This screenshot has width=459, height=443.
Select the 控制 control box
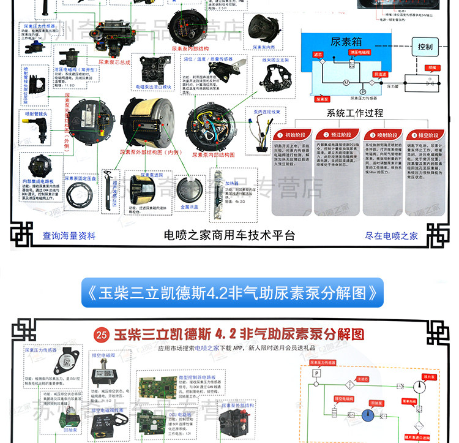425,47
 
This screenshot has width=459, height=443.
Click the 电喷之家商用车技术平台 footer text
229,235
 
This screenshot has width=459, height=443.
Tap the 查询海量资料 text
69,235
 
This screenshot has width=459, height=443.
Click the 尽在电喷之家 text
391,235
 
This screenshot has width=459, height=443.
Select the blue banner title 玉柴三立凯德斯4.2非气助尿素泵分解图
232,293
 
